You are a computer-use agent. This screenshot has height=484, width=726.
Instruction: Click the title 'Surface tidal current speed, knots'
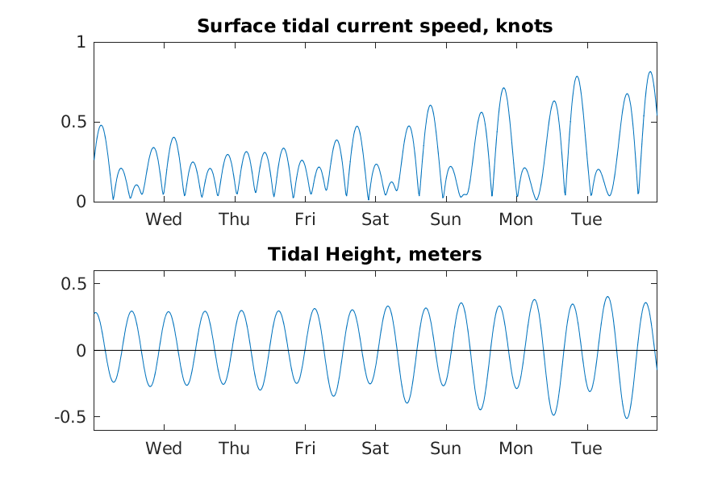click(374, 26)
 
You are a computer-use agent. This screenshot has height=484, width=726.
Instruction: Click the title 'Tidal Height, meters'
click(374, 254)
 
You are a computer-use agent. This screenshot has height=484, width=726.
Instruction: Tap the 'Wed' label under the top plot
click(164, 219)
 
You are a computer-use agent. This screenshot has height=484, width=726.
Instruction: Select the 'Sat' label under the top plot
click(375, 219)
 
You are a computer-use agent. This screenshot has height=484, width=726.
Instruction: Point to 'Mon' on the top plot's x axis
click(515, 219)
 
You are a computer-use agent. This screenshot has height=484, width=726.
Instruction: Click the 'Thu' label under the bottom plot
click(234, 449)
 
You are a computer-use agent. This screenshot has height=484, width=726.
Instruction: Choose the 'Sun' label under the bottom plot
click(445, 449)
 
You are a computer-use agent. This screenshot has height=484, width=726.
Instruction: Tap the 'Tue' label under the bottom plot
click(586, 449)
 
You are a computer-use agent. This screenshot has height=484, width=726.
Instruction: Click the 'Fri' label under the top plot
click(305, 219)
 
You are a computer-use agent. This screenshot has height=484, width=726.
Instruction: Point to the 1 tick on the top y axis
click(81, 42)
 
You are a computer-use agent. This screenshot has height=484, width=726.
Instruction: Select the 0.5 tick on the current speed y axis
click(73, 123)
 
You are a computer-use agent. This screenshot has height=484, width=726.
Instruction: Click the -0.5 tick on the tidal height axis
click(71, 417)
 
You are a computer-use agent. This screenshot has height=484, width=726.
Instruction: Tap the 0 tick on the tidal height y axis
click(81, 351)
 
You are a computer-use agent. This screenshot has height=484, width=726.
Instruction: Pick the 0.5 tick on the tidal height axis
click(73, 284)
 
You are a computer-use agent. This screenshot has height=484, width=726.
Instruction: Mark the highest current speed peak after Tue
click(650, 72)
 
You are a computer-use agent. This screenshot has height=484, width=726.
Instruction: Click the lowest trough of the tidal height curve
click(627, 418)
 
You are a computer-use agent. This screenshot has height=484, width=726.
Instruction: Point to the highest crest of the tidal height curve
click(607, 297)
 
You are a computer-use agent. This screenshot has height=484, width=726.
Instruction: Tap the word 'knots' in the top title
click(524, 26)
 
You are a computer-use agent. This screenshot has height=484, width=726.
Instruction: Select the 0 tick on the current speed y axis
click(81, 202)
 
